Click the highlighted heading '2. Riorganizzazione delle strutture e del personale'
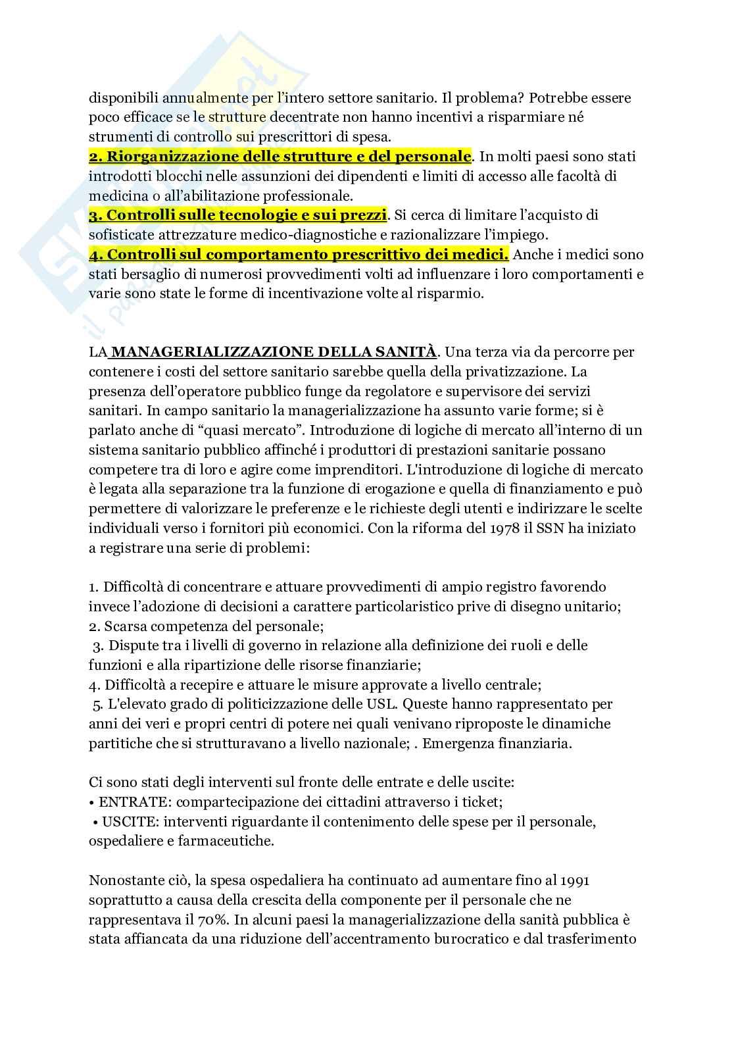[x=280, y=157]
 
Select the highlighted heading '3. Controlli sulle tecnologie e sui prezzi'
[x=238, y=215]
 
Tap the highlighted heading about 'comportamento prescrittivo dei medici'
[x=299, y=254]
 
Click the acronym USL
[x=382, y=703]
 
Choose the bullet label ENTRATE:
[x=135, y=802]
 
